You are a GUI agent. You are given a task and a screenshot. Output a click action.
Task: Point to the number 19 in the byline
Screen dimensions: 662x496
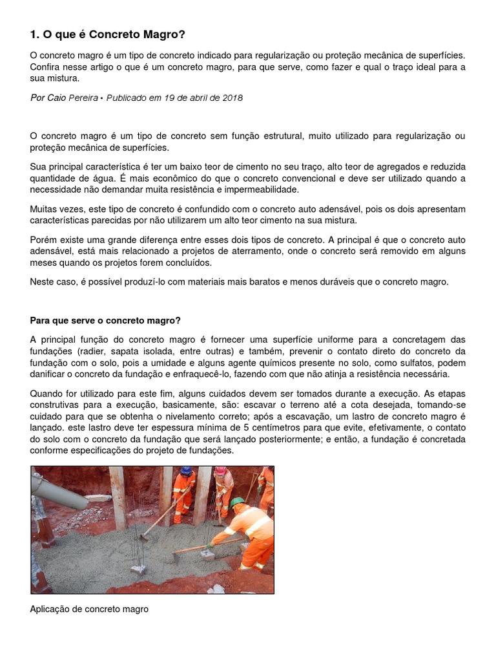pos(169,98)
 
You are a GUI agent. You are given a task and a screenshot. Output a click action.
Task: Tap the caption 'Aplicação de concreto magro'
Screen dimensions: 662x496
pos(89,609)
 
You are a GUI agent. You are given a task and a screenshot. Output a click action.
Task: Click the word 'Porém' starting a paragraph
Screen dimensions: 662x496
pos(43,239)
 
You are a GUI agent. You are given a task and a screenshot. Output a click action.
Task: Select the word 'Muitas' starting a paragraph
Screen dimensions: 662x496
pos(45,209)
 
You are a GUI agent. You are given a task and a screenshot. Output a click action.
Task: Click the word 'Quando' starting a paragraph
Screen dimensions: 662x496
pos(46,394)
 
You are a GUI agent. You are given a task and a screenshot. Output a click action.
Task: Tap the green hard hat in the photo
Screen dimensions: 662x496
pos(238,502)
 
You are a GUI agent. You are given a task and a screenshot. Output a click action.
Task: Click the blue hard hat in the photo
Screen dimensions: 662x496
pos(187,471)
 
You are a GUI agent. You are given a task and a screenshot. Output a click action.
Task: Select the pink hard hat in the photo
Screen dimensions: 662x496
pos(221,471)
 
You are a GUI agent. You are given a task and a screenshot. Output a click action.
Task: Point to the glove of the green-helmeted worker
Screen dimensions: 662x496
pos(210,546)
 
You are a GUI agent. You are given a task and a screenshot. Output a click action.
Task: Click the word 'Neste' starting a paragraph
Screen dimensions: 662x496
pos(43,282)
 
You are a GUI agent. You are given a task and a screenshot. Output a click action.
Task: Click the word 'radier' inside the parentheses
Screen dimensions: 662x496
pos(92,351)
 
